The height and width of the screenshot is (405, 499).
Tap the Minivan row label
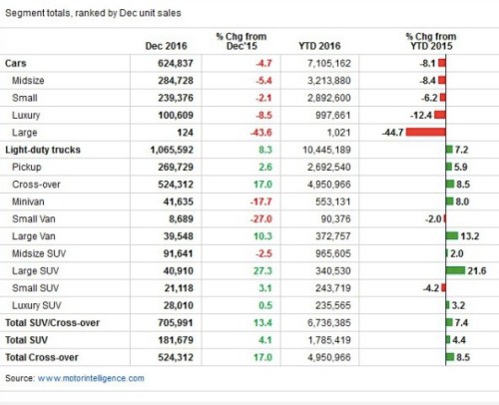point(31,201)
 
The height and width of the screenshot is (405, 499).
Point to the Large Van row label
point(35,235)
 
